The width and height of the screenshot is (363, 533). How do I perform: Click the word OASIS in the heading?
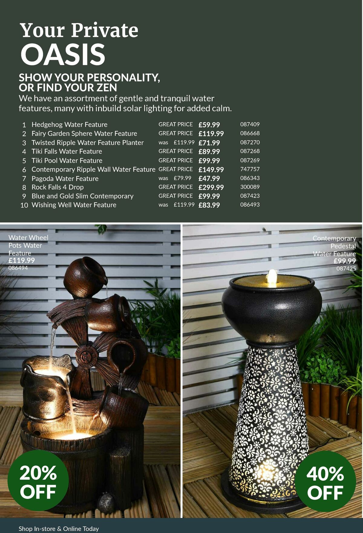point(63,54)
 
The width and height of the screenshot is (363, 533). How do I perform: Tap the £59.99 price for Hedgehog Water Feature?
point(209,125)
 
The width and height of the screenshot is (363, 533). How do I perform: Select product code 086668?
point(250,133)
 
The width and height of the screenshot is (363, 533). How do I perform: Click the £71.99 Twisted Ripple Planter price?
point(209,142)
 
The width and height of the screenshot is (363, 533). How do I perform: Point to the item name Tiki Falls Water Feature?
point(67,151)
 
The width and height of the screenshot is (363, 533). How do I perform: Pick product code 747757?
point(250,169)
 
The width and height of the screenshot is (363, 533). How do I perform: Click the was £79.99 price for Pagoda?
point(182,178)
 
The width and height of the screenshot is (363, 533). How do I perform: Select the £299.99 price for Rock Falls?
point(211,187)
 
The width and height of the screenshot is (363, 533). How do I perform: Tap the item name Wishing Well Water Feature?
point(74,205)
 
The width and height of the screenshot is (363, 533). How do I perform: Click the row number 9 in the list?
point(24,196)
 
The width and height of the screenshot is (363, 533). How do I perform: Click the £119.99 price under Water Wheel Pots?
point(21,260)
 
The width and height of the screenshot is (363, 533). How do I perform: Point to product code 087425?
point(346,268)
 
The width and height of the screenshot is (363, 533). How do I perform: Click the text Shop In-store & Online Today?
point(59,529)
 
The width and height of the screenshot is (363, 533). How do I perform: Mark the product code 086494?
point(18,268)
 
